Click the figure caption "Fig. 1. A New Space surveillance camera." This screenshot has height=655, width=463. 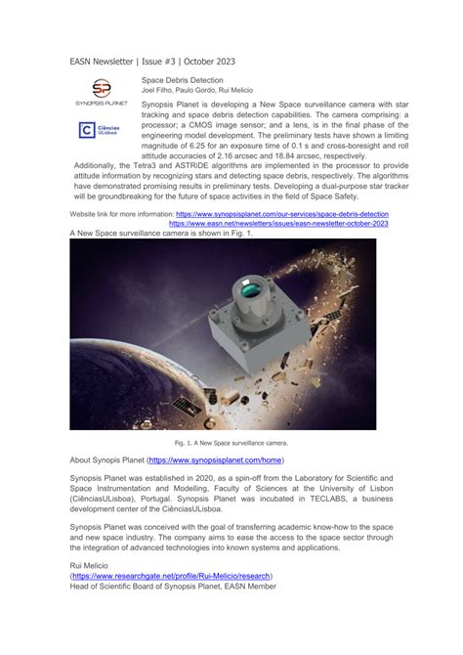224,442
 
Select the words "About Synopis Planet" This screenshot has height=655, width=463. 107,458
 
